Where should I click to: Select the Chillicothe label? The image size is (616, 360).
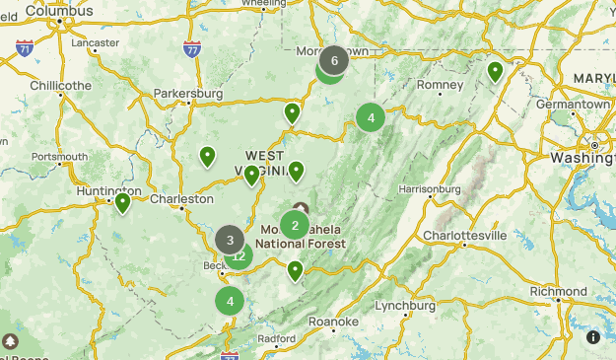(x=60, y=85)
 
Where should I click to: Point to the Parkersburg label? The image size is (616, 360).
(x=188, y=95)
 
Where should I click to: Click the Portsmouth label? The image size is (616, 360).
(x=59, y=157)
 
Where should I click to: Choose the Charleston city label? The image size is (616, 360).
(x=181, y=198)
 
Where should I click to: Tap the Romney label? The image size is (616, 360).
(x=440, y=85)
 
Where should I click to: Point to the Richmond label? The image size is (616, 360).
(x=558, y=292)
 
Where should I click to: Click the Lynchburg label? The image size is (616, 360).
(x=405, y=306)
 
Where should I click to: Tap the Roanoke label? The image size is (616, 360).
(x=333, y=322)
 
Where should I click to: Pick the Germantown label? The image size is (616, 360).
(x=574, y=104)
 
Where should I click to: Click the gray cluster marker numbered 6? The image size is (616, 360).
(x=334, y=60)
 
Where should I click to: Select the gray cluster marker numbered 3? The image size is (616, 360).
(x=230, y=239)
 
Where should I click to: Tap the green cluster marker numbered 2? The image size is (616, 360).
(x=295, y=225)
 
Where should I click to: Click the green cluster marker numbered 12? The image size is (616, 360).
(x=240, y=257)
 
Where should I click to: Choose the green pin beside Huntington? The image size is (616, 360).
(x=123, y=203)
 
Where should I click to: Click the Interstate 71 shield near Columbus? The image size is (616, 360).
(x=24, y=47)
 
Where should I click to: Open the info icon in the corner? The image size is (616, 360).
(x=593, y=337)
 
